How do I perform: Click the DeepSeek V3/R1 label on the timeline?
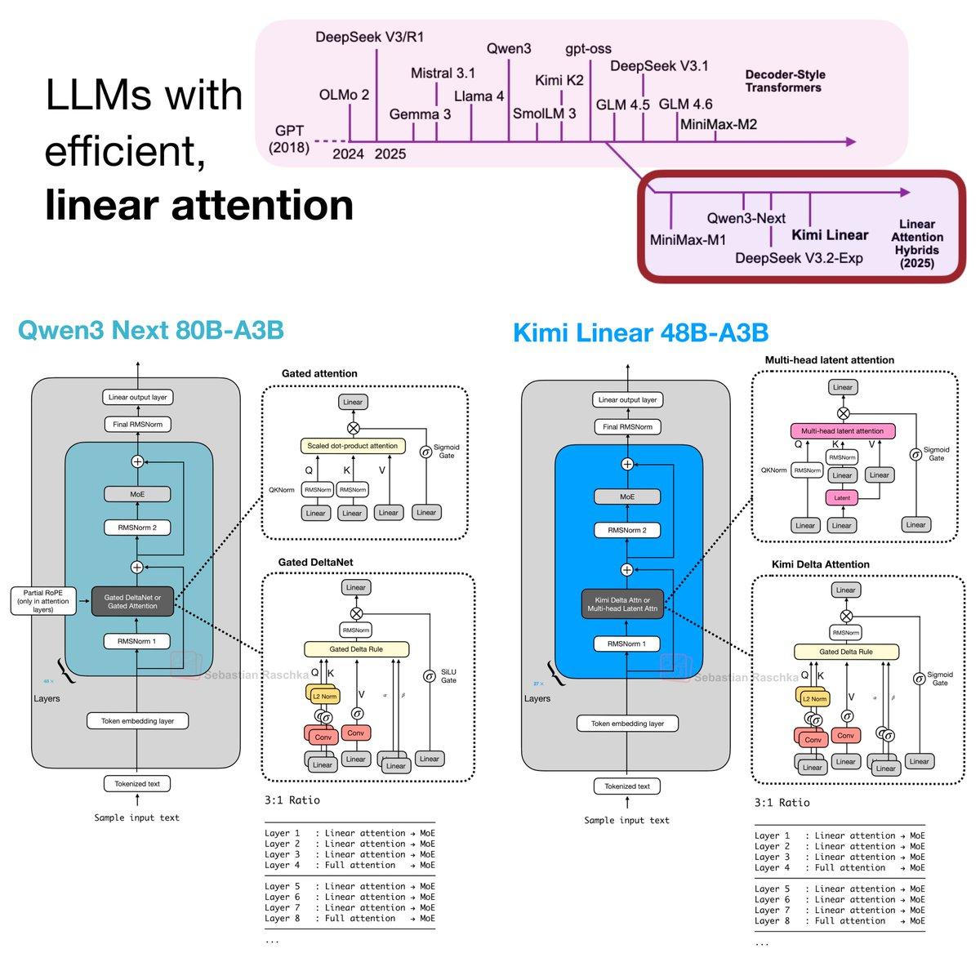[x=369, y=38]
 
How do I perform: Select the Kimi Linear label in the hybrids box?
[x=830, y=235]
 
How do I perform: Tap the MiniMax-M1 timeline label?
[x=688, y=240]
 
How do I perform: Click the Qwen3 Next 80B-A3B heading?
[x=150, y=331]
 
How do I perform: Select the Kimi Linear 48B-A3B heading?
[x=640, y=333]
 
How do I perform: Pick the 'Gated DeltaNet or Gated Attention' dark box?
[x=134, y=602]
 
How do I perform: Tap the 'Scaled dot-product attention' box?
[x=353, y=446]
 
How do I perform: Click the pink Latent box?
[x=842, y=497]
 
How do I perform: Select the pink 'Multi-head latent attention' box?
[x=842, y=430]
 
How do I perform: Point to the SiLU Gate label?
[x=448, y=676]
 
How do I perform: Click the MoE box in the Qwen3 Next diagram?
[x=137, y=494]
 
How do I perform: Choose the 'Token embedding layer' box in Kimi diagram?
[x=627, y=724]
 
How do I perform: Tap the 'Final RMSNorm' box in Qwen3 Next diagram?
[x=137, y=425]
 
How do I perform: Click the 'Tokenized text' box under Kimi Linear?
[x=627, y=786]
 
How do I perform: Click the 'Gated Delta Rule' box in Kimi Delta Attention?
[x=845, y=652]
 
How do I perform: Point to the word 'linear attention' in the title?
[x=199, y=204]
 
